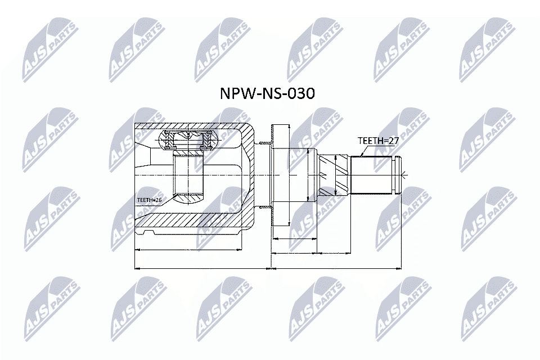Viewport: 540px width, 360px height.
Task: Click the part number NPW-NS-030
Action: click(x=267, y=93)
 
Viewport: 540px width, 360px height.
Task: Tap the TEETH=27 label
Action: click(x=378, y=141)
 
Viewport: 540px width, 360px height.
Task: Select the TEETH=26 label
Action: click(x=149, y=199)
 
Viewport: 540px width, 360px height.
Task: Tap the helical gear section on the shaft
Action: click(x=334, y=174)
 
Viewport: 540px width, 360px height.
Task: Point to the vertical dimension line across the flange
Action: click(x=309, y=174)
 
